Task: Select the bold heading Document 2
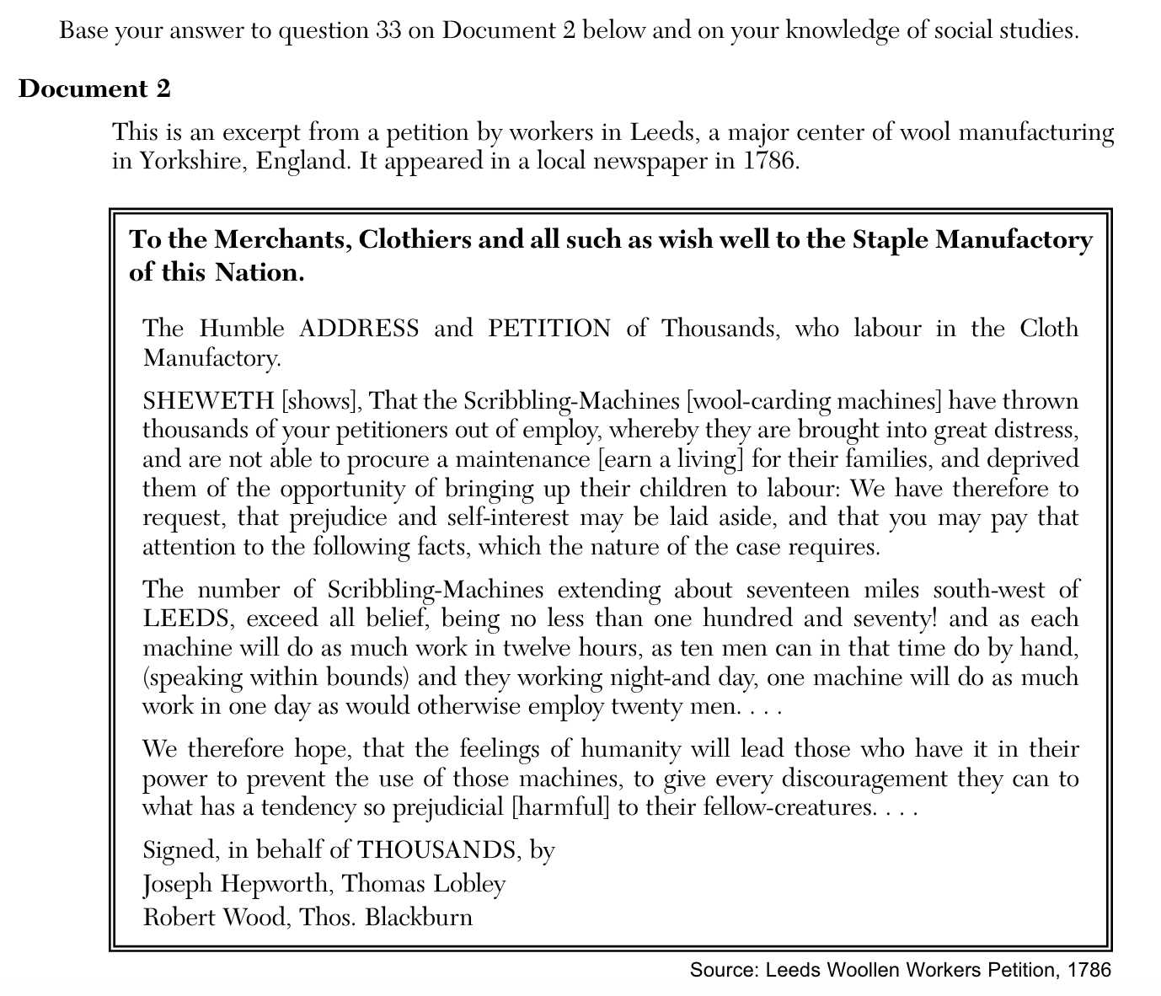tap(94, 88)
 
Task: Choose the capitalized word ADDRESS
tap(359, 328)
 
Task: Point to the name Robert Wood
tap(214, 917)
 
